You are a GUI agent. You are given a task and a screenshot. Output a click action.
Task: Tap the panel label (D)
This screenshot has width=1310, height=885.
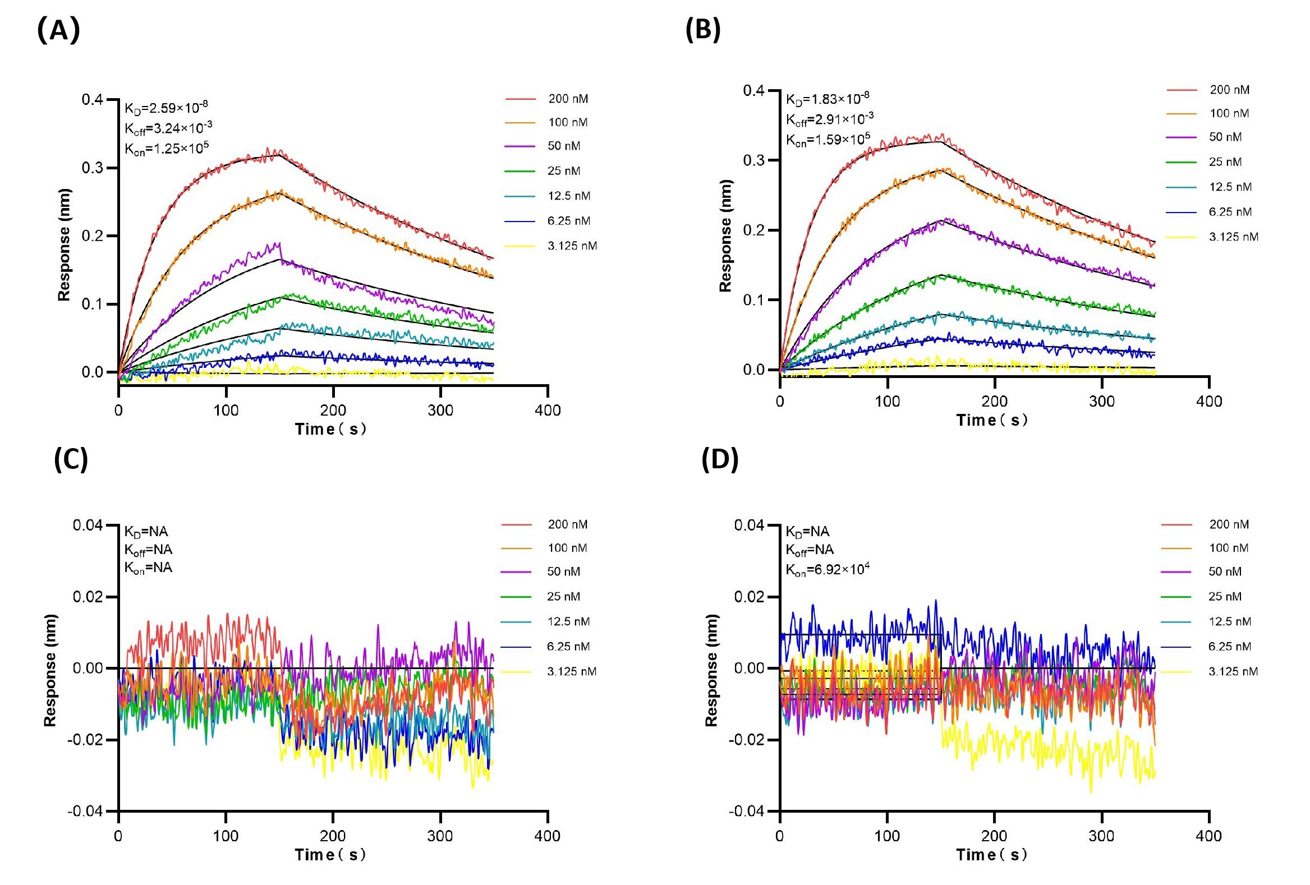tap(720, 460)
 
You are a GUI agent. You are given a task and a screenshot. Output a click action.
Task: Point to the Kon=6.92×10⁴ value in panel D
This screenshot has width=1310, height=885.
tap(828, 570)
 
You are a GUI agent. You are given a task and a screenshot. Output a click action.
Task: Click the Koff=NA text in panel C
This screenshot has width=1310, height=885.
tap(148, 550)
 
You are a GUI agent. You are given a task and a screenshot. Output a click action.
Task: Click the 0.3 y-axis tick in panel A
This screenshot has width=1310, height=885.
tap(93, 168)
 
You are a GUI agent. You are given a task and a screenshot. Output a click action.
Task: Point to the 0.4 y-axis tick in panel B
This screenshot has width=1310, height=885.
tap(753, 91)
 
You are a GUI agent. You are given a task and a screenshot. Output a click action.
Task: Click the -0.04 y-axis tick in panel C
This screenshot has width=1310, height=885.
tap(85, 811)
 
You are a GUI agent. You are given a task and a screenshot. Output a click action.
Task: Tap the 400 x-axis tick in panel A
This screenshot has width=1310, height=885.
tap(548, 411)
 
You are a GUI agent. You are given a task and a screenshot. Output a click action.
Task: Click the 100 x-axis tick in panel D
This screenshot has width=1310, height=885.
tap(887, 836)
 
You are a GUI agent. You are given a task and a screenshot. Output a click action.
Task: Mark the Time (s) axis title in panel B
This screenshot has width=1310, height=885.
tap(991, 420)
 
